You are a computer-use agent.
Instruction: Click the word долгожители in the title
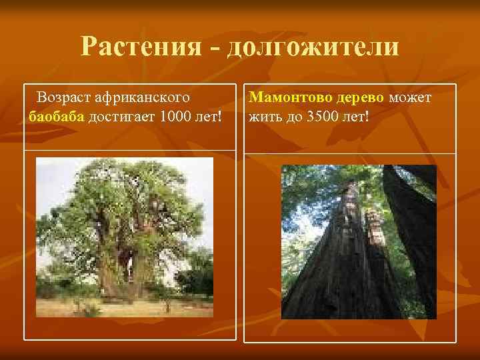(x=313, y=47)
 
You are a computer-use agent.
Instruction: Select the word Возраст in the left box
(x=64, y=97)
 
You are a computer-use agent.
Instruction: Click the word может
(x=410, y=98)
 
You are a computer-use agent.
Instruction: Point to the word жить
(x=263, y=117)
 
